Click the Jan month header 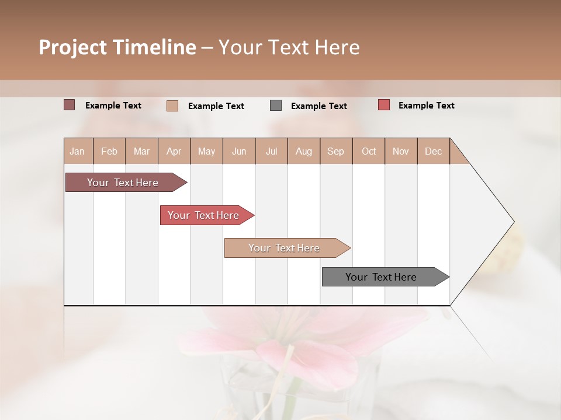[77, 151]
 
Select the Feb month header [109, 151]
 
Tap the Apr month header [174, 151]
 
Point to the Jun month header [239, 151]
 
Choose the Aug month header [303, 151]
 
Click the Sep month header [335, 151]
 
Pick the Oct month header [369, 151]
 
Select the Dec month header [433, 151]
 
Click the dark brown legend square [70, 105]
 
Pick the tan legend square [172, 106]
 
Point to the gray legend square [276, 106]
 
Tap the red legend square [384, 105]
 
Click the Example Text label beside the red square [426, 106]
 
